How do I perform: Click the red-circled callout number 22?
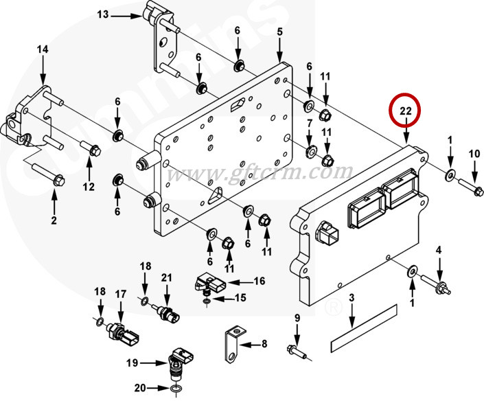point(405,110)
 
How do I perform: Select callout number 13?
point(103,14)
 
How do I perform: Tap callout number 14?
point(43,49)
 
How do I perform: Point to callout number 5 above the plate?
point(280,32)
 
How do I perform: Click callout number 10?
point(474,154)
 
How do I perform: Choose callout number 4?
point(439,249)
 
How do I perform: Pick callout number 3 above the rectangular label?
point(351,298)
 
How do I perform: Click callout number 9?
point(297,318)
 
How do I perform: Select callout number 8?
point(264,343)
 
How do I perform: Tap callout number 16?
point(259,281)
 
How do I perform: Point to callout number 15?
point(240,297)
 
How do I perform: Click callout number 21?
point(165,277)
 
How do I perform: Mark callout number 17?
point(121,294)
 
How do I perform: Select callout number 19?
point(132,362)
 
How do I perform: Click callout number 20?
point(139,388)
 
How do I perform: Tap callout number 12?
point(88,186)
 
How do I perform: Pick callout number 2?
point(54,220)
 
